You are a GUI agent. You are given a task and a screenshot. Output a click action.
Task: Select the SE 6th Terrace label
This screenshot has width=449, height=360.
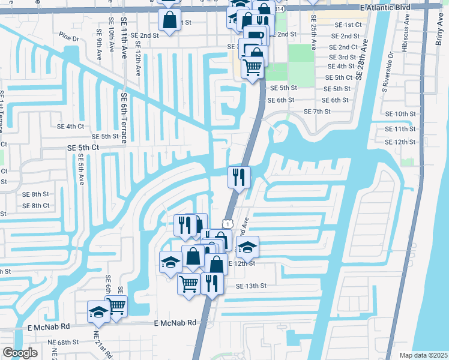[124, 117]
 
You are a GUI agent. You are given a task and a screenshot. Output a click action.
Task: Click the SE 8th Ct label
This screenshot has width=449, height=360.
[36, 206]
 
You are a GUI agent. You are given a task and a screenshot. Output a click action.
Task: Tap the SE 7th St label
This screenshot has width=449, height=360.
[318, 112]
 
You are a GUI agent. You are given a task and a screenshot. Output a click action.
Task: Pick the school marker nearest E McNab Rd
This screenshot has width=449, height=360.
[98, 311]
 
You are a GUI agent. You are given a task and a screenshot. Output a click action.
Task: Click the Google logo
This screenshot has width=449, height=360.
[20, 353]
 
